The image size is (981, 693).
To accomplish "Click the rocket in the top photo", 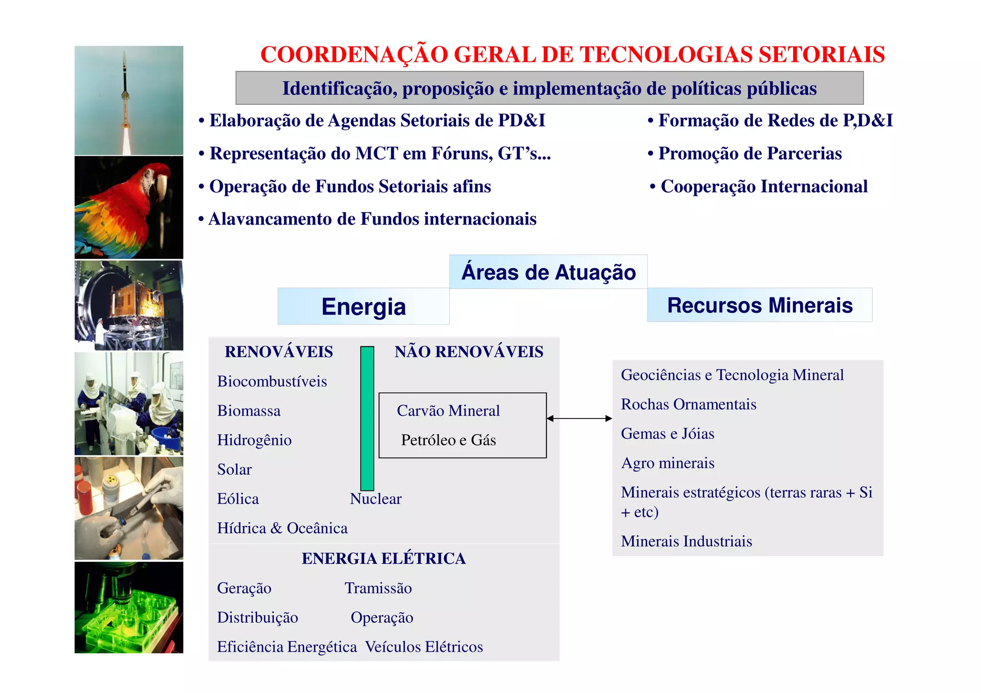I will (x=125, y=81).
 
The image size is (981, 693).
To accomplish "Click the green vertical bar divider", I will (x=367, y=418).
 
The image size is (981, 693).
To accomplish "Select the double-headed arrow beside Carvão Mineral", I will (x=579, y=419).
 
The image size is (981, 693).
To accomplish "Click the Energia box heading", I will (x=364, y=307).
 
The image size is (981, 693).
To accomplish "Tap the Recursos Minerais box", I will (x=760, y=305).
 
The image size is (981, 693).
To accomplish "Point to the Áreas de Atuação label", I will (x=548, y=272).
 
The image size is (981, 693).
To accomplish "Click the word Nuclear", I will (x=376, y=499).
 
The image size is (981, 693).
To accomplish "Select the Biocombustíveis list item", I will (x=272, y=382).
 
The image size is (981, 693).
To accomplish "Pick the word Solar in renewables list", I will (x=234, y=469).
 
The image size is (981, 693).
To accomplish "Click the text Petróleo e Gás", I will (x=448, y=440).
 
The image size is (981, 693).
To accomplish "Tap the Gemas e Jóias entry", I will (x=667, y=434).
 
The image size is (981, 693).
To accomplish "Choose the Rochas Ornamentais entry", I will (x=688, y=405).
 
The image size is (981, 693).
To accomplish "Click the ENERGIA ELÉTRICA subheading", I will (x=384, y=558).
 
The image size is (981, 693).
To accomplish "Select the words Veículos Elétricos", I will (x=424, y=647).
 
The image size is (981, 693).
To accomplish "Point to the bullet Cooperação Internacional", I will (x=764, y=186).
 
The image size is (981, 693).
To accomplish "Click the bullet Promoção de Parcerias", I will (x=750, y=153).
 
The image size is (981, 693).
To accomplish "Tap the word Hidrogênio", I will (x=254, y=440).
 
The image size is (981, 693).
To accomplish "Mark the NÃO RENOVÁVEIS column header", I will (x=469, y=352).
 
